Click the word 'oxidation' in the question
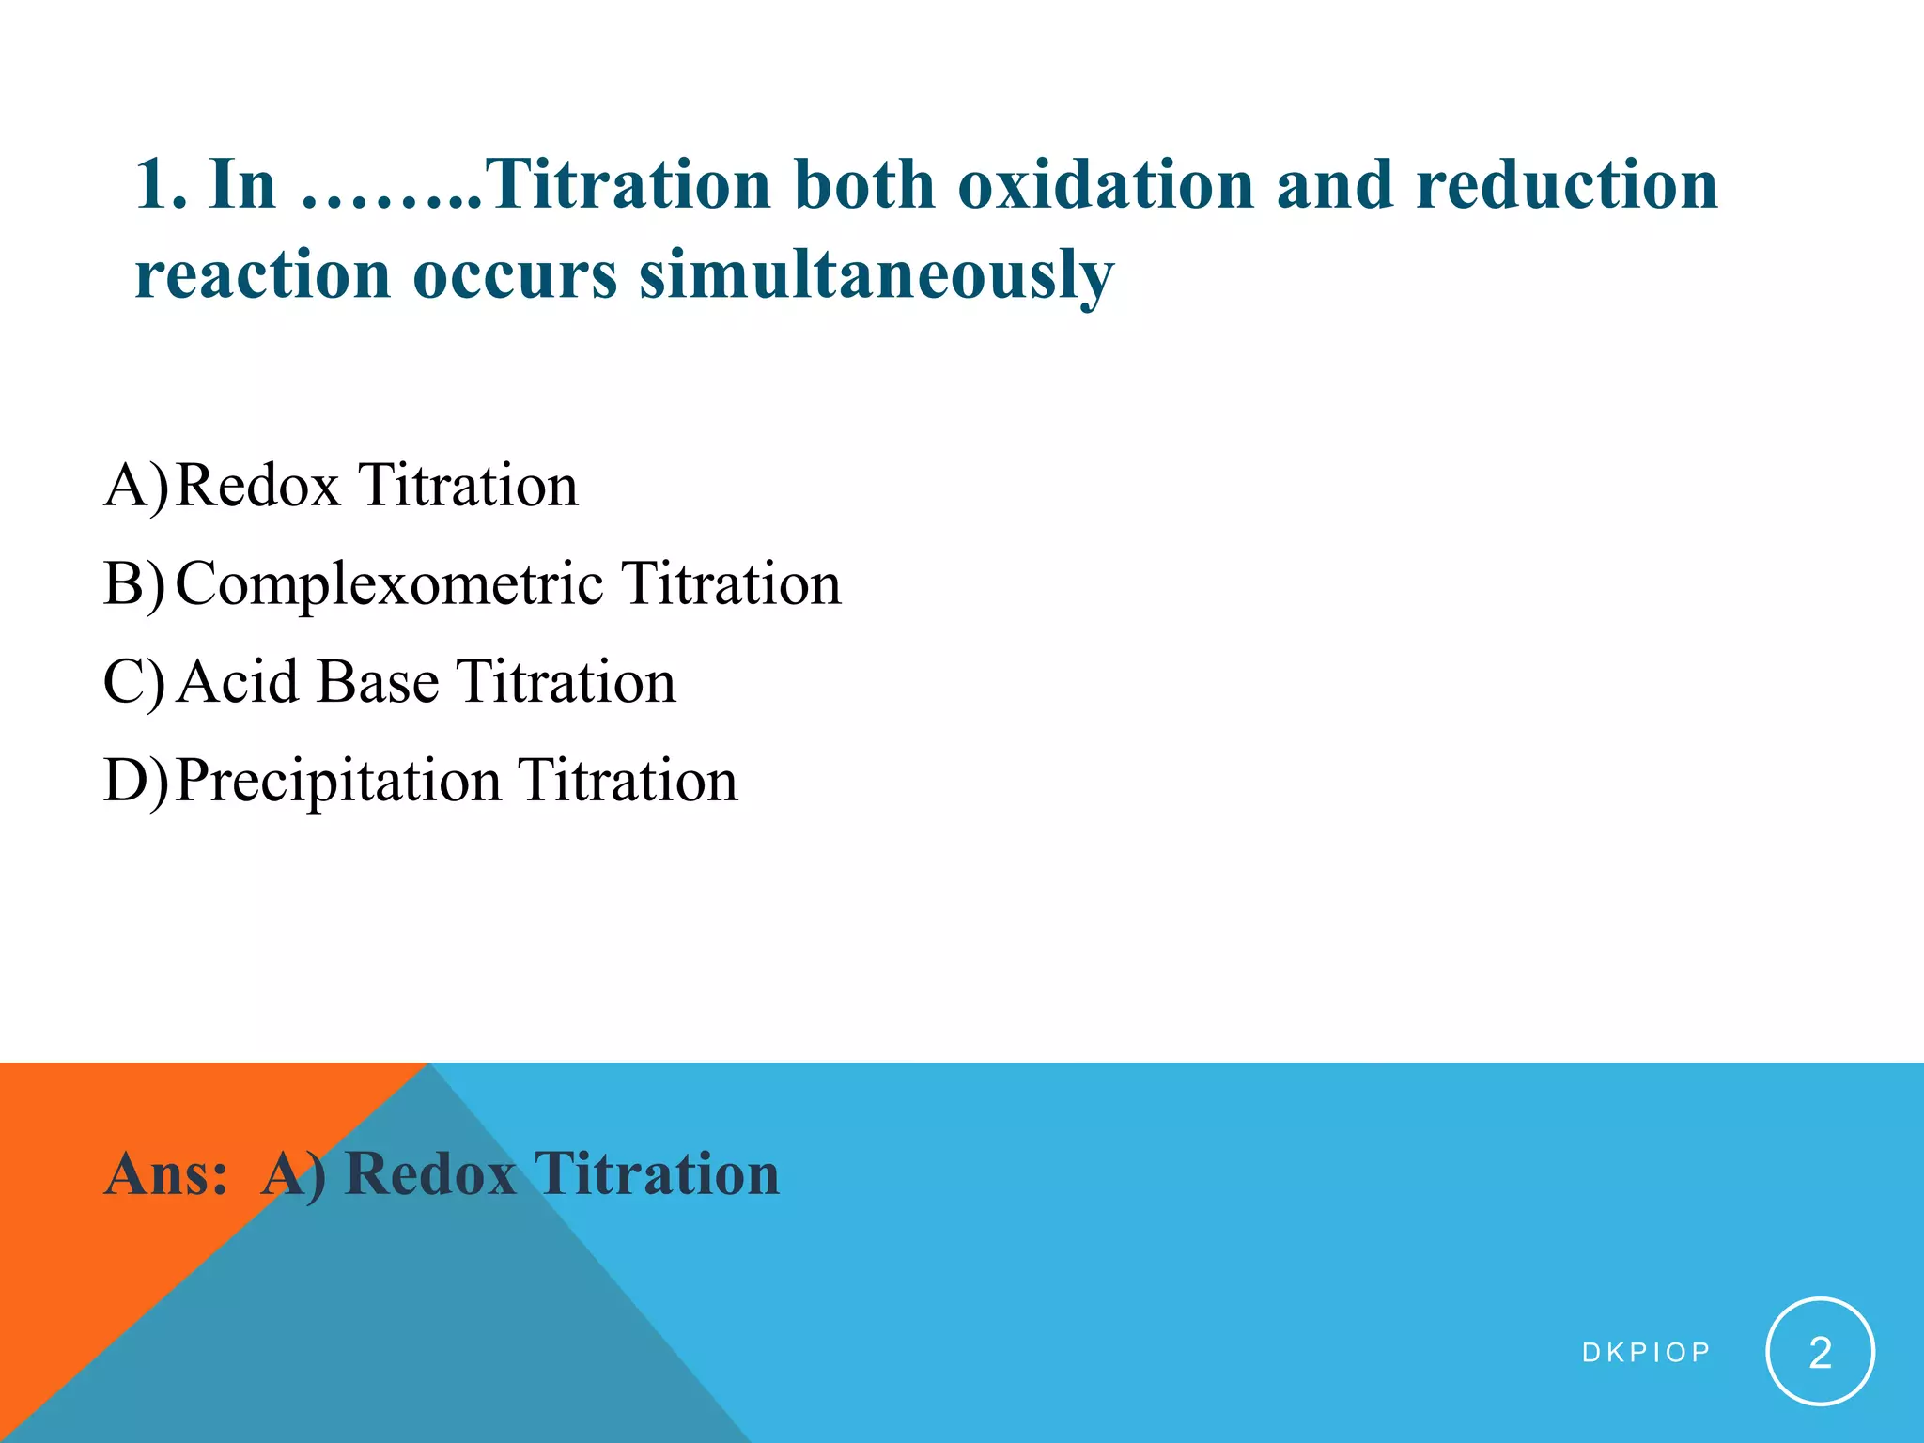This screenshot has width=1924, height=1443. (1105, 184)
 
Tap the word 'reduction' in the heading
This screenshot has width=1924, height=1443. (1566, 184)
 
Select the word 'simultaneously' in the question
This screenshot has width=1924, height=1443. (876, 276)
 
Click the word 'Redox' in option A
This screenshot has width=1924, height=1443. (257, 486)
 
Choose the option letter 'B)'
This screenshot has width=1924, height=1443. (134, 584)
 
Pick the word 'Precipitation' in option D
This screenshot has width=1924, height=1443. (338, 782)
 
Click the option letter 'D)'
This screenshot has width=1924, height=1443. (135, 781)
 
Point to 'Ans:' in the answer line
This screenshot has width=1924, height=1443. (166, 1174)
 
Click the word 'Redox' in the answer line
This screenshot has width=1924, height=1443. (429, 1174)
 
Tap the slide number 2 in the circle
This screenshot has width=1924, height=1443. (1820, 1352)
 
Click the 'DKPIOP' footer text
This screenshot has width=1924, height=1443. (1646, 1353)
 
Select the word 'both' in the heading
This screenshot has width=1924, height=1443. (864, 184)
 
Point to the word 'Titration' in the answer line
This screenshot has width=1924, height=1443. (657, 1174)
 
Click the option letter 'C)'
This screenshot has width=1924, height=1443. (134, 682)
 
